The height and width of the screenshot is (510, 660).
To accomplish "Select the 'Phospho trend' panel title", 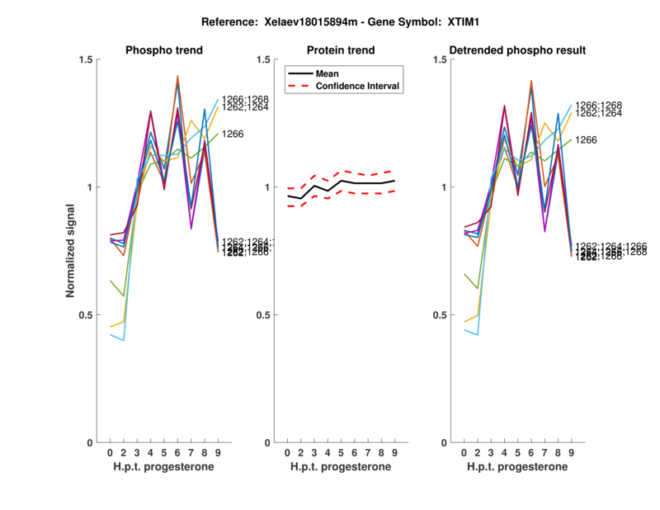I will click(163, 50).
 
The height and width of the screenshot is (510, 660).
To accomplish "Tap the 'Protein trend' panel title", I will click(341, 50).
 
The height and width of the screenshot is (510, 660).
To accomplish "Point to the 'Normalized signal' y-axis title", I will click(73, 251).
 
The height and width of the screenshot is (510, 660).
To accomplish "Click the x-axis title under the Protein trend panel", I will click(341, 467).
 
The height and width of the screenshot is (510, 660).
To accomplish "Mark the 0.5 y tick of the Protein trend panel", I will click(263, 315).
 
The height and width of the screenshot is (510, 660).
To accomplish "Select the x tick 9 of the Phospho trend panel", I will click(217, 452).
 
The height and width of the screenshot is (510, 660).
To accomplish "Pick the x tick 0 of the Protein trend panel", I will click(287, 452).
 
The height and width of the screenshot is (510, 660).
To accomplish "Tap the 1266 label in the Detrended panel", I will click(587, 140).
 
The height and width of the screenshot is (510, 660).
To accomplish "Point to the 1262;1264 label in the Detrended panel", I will click(598, 113).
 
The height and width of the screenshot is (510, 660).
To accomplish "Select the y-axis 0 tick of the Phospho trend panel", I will click(91, 443).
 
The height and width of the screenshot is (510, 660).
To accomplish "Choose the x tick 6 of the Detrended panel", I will click(530, 452).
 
